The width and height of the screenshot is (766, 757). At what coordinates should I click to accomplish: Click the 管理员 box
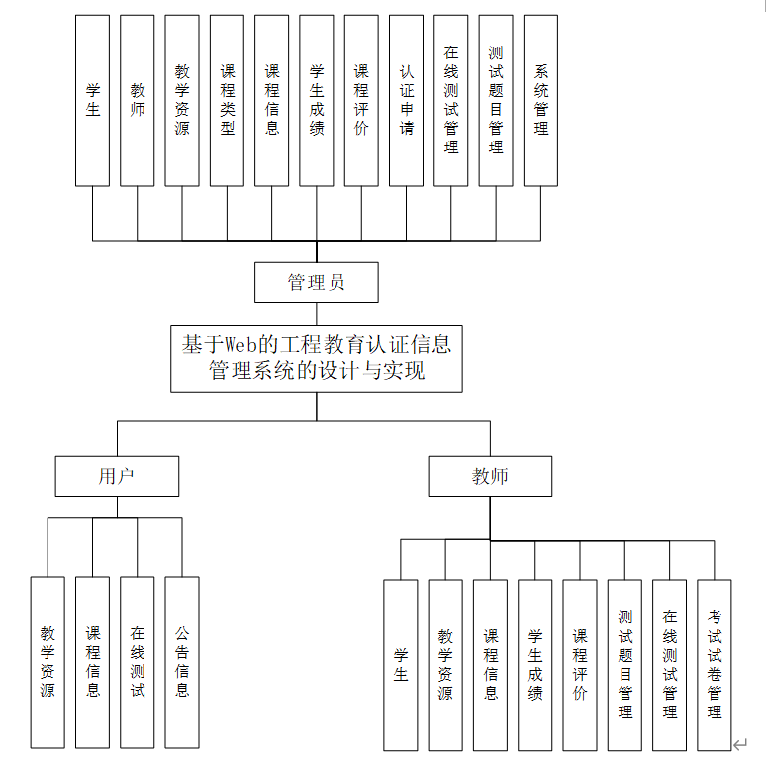[317, 282]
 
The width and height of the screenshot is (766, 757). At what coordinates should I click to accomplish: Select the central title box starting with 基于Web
[317, 358]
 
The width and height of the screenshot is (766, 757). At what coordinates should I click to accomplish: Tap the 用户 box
[117, 476]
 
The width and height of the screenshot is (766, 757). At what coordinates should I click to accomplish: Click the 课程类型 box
[227, 100]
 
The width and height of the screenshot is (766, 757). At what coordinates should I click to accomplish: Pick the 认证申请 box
[407, 100]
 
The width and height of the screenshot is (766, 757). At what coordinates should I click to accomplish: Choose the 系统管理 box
[541, 100]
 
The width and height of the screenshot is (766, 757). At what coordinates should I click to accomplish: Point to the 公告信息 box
[182, 662]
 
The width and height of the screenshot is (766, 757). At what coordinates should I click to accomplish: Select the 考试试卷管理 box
[715, 664]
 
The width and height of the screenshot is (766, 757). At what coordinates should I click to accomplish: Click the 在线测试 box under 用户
[138, 662]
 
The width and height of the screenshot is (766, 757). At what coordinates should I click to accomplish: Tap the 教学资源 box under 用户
[48, 662]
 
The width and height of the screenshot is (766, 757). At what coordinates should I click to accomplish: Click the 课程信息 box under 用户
[93, 662]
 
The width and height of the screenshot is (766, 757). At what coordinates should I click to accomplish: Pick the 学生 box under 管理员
[93, 100]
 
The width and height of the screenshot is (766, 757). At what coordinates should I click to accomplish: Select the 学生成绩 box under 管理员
[317, 100]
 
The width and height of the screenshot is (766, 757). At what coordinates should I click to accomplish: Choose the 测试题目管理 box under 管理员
[496, 100]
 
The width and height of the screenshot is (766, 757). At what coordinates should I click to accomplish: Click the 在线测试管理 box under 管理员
[451, 100]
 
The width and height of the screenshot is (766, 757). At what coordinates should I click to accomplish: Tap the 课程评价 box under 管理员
[361, 100]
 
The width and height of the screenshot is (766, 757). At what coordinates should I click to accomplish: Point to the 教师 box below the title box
[490, 476]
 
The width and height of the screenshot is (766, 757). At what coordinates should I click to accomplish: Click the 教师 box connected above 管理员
[138, 100]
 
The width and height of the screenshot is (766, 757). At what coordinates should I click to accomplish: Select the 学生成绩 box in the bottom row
[535, 664]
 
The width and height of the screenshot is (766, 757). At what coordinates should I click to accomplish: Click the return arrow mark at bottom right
[739, 743]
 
